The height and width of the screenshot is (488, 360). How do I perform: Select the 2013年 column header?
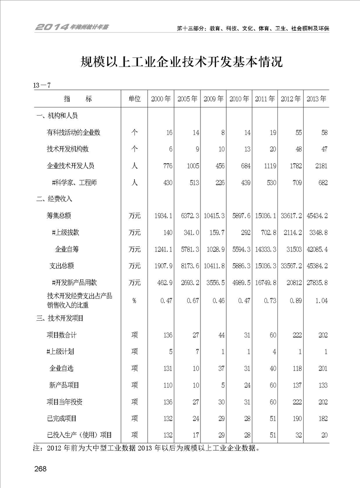[316, 99]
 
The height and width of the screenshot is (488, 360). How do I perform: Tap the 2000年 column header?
[161, 99]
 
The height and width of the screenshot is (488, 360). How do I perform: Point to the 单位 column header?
[135, 99]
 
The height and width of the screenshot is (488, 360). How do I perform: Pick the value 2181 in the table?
[319, 166]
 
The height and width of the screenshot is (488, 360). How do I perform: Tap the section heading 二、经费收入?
[54, 199]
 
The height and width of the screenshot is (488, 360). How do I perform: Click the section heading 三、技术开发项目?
[60, 319]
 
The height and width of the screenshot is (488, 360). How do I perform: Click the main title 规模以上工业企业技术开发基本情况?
[181, 62]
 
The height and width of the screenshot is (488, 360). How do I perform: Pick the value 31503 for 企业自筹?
[292, 249]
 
